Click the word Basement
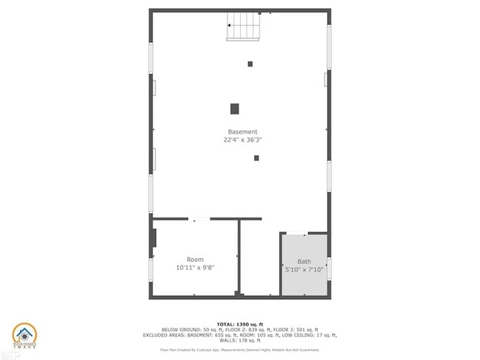pos(242,132)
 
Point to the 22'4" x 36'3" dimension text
pos(242,139)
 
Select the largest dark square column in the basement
pos(235,108)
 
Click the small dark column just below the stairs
pos(250,64)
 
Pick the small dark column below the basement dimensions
pos(256,158)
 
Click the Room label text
pos(195,260)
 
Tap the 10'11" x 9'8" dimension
pos(195,267)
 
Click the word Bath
pos(304,261)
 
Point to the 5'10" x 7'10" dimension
pos(304,269)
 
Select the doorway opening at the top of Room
pos(199,218)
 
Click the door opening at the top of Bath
pos(297,234)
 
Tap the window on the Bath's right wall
pos(329,267)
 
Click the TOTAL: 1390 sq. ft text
pos(240,325)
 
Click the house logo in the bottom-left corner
pos(24,336)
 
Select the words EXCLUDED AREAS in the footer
pos(162,335)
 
